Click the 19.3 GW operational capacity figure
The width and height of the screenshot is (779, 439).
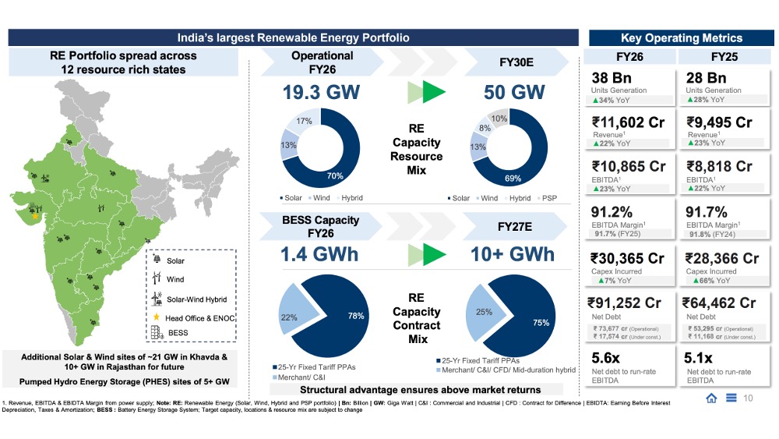click(x=322, y=92)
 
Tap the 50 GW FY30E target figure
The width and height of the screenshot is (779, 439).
click(x=514, y=92)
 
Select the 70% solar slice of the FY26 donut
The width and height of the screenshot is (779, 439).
click(x=335, y=176)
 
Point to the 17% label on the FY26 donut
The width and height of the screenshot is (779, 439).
click(x=305, y=122)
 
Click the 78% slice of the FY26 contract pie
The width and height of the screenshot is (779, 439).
click(x=346, y=315)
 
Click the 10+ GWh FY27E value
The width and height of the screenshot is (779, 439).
click(x=513, y=254)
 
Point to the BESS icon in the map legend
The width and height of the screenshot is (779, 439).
click(x=157, y=333)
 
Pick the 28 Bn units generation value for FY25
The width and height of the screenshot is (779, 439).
click(x=706, y=78)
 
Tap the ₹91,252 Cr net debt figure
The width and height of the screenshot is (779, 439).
click(x=627, y=303)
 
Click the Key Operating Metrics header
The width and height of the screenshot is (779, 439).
click(x=681, y=37)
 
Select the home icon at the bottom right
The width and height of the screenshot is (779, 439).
click(x=711, y=399)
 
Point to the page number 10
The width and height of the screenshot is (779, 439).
click(x=748, y=399)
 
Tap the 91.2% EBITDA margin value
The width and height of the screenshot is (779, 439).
click(x=615, y=212)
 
